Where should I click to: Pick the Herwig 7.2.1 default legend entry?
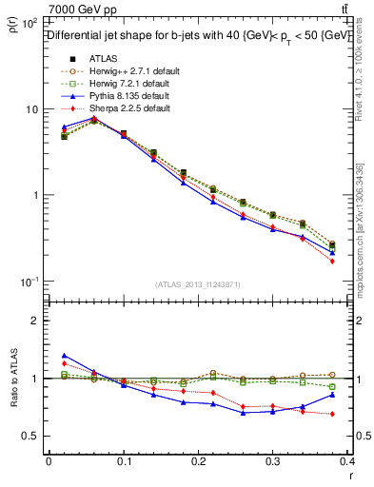click(x=128, y=84)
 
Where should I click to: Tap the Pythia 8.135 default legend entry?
click(x=128, y=96)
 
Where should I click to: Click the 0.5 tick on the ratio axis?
click(x=31, y=436)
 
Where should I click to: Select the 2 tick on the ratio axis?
click(x=35, y=321)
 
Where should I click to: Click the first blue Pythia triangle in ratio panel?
click(x=65, y=355)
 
